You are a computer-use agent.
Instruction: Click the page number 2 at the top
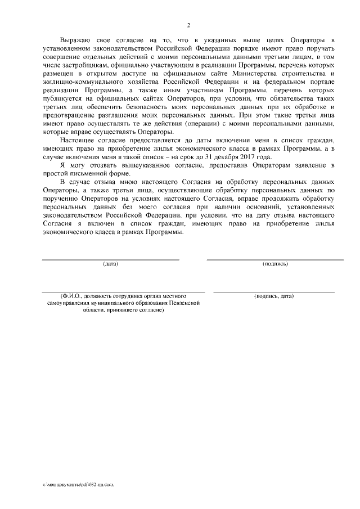click(188, 25)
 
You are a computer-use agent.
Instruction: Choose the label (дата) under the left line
click(110, 264)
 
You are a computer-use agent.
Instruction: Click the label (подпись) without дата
click(275, 264)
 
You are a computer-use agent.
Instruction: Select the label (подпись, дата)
click(273, 296)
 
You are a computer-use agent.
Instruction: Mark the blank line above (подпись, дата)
click(273, 291)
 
